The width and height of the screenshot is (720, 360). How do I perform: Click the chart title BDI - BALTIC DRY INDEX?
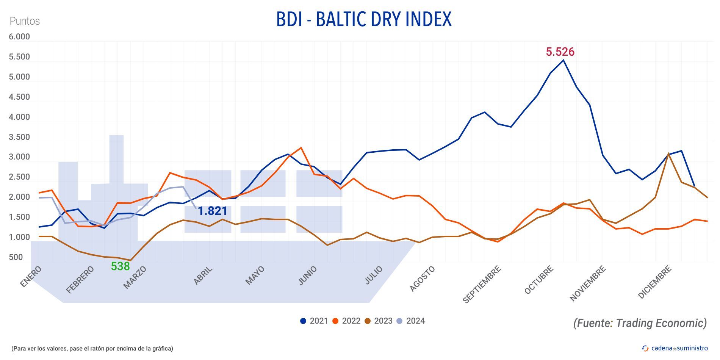pos(364,19)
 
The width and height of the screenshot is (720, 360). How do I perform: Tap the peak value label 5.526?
pos(560,52)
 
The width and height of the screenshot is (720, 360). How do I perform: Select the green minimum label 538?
pos(120,266)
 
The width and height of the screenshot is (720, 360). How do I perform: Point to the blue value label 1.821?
pos(213,211)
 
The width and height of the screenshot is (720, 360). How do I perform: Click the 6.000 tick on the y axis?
pos(19,37)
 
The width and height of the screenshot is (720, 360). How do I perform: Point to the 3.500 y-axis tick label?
pos(19,137)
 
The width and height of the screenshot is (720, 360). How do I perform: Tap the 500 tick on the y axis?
pos(16,257)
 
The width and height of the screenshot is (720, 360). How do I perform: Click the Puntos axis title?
pos(25,21)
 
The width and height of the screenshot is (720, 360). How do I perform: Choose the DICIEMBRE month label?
pos(655,282)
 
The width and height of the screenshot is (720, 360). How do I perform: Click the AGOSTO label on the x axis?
pos(423,279)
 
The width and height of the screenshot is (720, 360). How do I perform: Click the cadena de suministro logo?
pos(675,348)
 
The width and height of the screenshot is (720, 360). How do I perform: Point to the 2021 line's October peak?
pos(563,60)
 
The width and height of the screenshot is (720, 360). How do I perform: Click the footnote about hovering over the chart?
pos(92,348)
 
